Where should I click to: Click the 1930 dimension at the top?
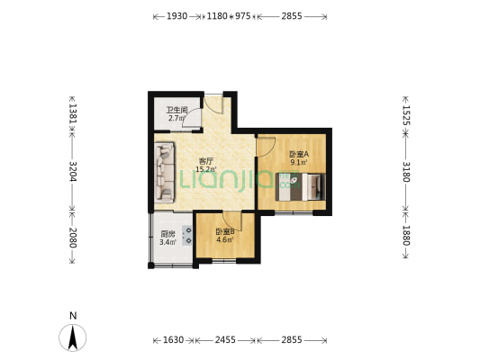[x=177, y=16]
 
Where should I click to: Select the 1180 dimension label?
[x=217, y=16]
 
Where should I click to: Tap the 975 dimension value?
[x=243, y=16]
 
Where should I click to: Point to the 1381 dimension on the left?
[x=73, y=113]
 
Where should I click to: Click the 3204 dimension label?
[x=73, y=171]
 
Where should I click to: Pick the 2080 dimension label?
[x=73, y=238]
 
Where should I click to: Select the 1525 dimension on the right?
[x=406, y=115]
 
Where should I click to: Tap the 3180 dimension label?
[x=406, y=172]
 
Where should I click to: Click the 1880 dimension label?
[x=406, y=236]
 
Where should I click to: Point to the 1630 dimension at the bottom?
[x=173, y=340]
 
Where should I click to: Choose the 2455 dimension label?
[x=225, y=340]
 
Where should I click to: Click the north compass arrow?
[x=73, y=337]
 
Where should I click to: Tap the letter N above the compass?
[x=73, y=316]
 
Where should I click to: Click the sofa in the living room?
[x=165, y=172]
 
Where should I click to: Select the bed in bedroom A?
[x=300, y=187]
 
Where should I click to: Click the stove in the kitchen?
[x=187, y=236]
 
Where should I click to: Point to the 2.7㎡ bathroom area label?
[x=176, y=118]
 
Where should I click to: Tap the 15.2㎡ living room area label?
[x=206, y=169]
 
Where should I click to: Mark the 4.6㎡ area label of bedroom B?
[x=225, y=239]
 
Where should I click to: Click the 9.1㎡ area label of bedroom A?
[x=298, y=162]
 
